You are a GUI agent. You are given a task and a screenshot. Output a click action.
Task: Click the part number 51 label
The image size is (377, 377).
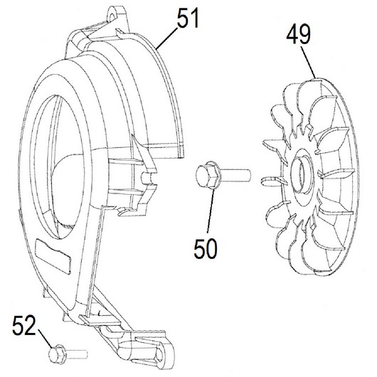tap(188, 18)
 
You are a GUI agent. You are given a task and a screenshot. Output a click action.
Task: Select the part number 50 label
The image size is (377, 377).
tap(206, 249)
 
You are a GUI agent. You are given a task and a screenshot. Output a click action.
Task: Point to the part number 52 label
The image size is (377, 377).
tap(24, 325)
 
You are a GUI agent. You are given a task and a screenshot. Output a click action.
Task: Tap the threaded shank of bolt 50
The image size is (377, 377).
tap(235, 175)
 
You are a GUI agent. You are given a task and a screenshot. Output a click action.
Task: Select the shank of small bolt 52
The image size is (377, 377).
tap(75, 354)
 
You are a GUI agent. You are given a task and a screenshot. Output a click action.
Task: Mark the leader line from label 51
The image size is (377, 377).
tap(166, 38)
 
